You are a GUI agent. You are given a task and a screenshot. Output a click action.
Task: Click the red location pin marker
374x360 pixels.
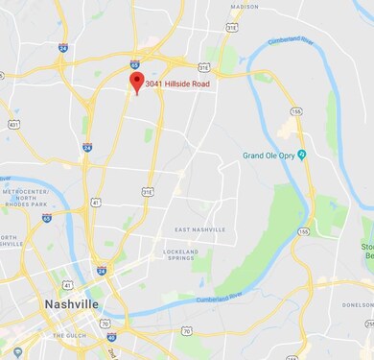point(136,82)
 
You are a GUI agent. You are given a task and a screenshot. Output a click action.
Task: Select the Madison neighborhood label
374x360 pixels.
point(245,6)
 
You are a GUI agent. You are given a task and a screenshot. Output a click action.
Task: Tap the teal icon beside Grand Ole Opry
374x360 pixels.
point(302,154)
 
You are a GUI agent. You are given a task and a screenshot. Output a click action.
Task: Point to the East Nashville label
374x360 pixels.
point(199,230)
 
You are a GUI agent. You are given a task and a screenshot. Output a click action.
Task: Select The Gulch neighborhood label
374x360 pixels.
point(69,335)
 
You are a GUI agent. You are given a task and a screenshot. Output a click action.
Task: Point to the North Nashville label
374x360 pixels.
point(11,241)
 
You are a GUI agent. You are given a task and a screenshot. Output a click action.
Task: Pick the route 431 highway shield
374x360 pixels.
point(12,125)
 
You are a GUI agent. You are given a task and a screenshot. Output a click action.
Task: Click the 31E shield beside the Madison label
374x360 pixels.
point(233,28)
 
